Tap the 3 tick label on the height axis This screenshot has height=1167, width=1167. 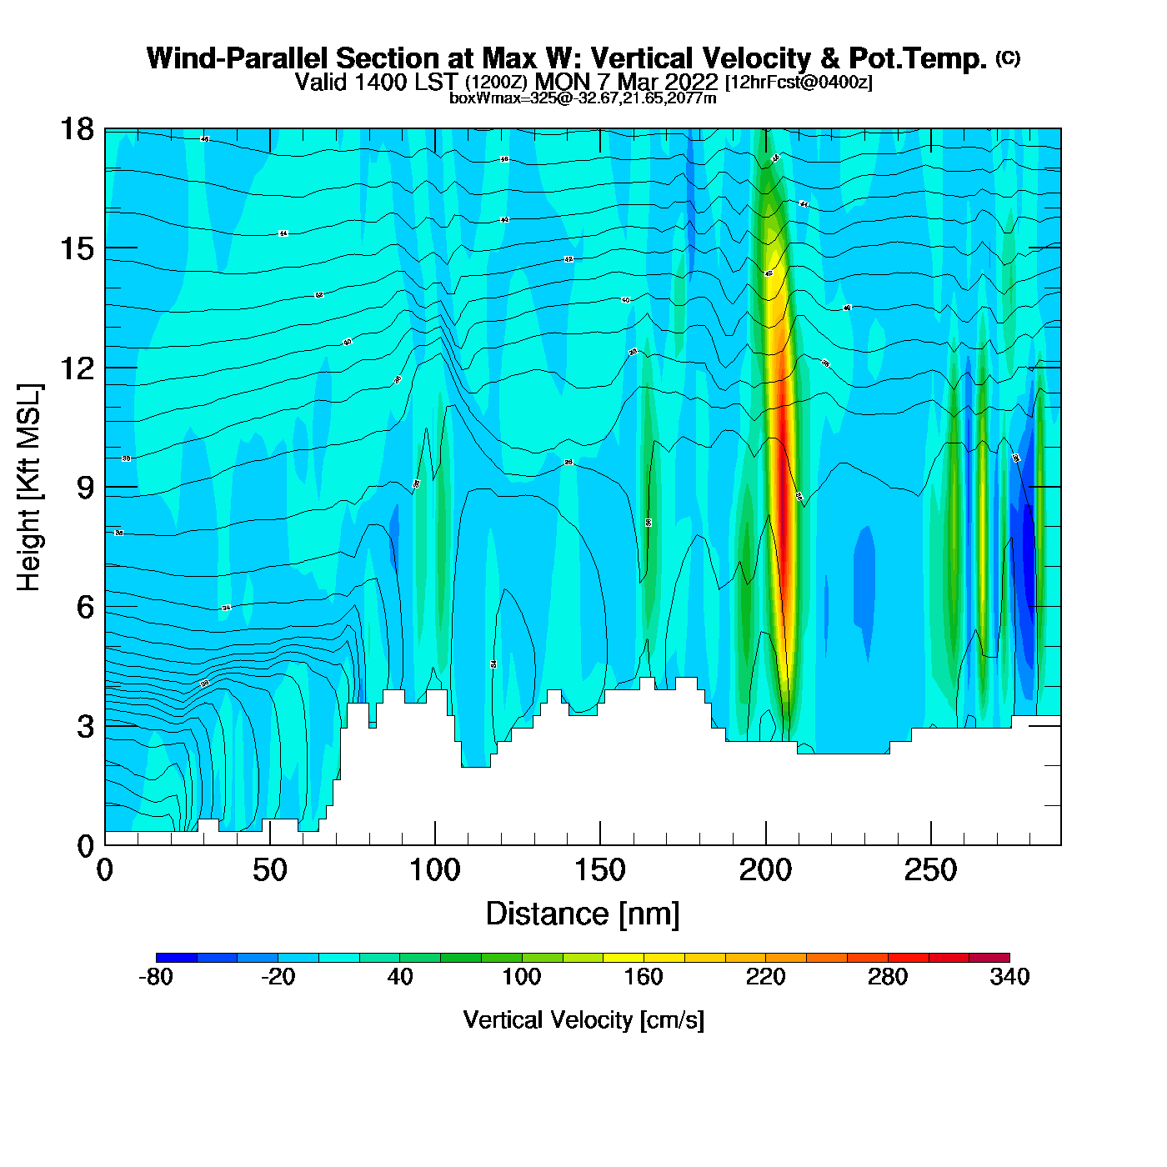(x=85, y=726)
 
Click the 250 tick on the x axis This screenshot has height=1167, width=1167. (x=930, y=845)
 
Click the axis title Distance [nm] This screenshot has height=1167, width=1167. (x=583, y=914)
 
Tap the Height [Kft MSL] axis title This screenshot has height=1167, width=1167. (x=29, y=488)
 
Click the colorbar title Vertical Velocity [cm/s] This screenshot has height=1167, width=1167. (x=583, y=1020)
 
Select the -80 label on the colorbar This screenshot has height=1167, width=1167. (x=156, y=977)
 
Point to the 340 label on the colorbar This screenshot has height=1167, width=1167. (x=1009, y=977)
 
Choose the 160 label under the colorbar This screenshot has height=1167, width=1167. (x=644, y=977)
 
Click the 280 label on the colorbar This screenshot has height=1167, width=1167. (x=888, y=977)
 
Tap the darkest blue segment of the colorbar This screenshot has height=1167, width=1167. (x=176, y=958)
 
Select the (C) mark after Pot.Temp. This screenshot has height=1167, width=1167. (x=1008, y=58)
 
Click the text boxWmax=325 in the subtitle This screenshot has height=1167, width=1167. (x=489, y=98)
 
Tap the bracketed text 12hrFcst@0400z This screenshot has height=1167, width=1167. (x=799, y=83)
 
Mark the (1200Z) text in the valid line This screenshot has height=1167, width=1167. (x=496, y=83)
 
